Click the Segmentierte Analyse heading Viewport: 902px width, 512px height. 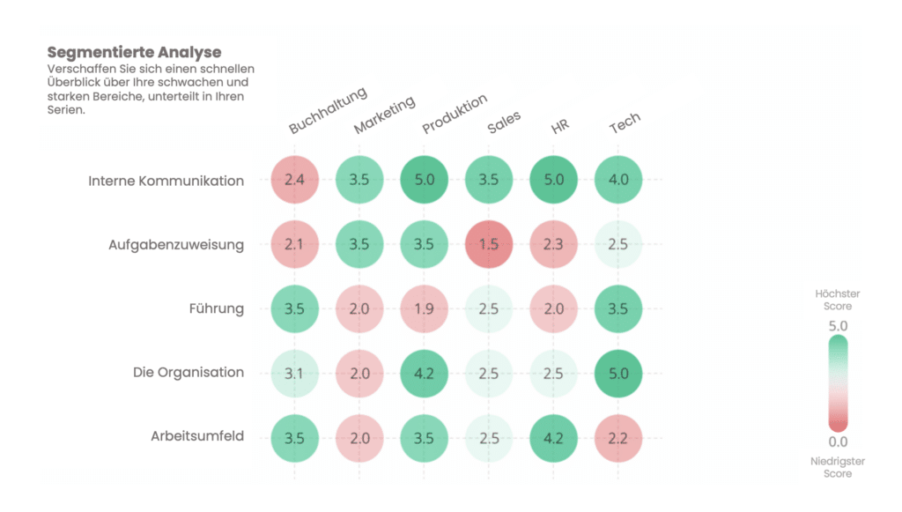[x=134, y=53]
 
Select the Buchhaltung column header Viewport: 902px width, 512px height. [x=328, y=111]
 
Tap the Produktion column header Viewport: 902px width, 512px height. [x=455, y=115]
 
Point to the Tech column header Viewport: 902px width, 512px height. [x=625, y=125]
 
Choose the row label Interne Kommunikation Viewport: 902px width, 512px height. [x=166, y=181]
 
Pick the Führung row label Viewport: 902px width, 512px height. [x=216, y=308]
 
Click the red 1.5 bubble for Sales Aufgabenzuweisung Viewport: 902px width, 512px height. [x=489, y=244]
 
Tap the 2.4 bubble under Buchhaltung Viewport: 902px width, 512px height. [x=294, y=181]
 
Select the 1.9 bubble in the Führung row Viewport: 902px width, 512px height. [x=424, y=308]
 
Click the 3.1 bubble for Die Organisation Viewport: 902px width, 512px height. [x=294, y=373]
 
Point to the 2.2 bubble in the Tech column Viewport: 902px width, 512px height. [x=618, y=437]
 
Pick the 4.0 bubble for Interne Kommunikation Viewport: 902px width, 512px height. [x=618, y=181]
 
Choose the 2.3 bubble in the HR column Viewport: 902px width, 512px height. [x=553, y=244]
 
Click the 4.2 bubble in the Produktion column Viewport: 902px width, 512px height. [x=424, y=373]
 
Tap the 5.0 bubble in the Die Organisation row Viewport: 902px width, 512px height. [x=618, y=373]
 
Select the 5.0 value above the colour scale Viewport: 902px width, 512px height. [x=838, y=326]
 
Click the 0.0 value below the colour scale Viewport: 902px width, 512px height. [x=838, y=442]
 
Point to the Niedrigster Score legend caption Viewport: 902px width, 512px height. [x=838, y=467]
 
